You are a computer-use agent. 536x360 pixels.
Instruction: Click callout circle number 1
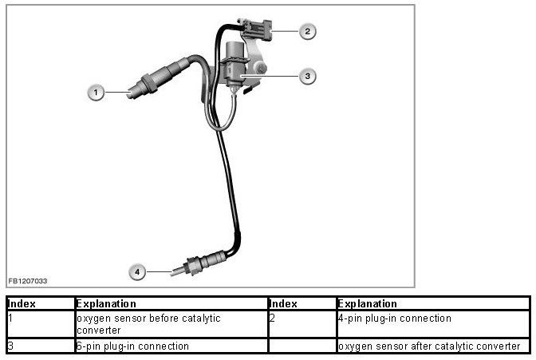tap(96, 93)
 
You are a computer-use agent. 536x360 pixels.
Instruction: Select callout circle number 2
tap(307, 32)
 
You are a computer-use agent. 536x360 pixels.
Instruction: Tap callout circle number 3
tap(307, 76)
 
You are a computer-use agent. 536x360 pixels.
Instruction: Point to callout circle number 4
tap(137, 272)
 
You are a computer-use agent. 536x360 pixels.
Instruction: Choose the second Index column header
tap(283, 304)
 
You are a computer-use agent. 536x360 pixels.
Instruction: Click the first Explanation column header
tap(106, 304)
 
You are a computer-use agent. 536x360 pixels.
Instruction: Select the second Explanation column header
tap(368, 304)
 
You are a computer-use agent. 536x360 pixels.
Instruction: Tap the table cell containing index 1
tap(40, 323)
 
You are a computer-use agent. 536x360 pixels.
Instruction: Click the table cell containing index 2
tap(301, 323)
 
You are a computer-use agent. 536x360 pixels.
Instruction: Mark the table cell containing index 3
tap(40, 346)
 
